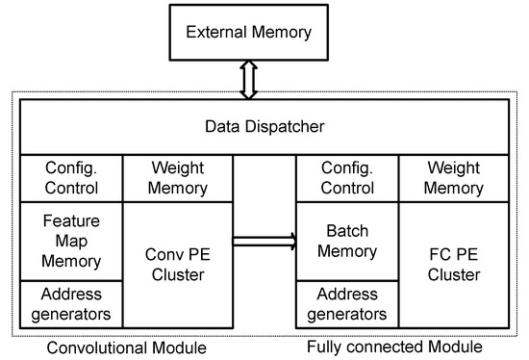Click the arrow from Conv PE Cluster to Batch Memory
(263, 241)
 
